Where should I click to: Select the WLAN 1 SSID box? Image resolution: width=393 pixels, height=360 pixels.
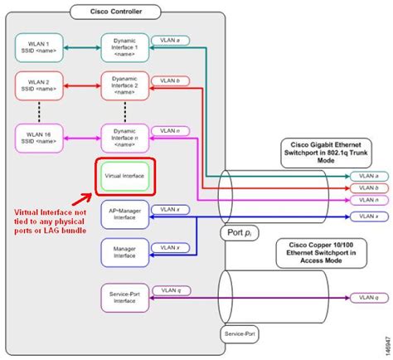[x=39, y=47]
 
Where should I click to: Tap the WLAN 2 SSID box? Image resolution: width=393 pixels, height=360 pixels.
[x=39, y=85]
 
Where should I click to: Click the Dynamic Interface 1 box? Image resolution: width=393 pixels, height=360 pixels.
[x=124, y=47]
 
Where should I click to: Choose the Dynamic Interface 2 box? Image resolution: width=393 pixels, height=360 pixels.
[x=124, y=85]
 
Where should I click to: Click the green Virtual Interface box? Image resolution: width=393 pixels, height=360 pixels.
[x=124, y=176]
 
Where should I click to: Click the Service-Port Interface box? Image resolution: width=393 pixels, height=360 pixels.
[x=124, y=296]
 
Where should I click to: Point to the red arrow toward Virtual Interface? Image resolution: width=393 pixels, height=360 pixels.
[x=81, y=195]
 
